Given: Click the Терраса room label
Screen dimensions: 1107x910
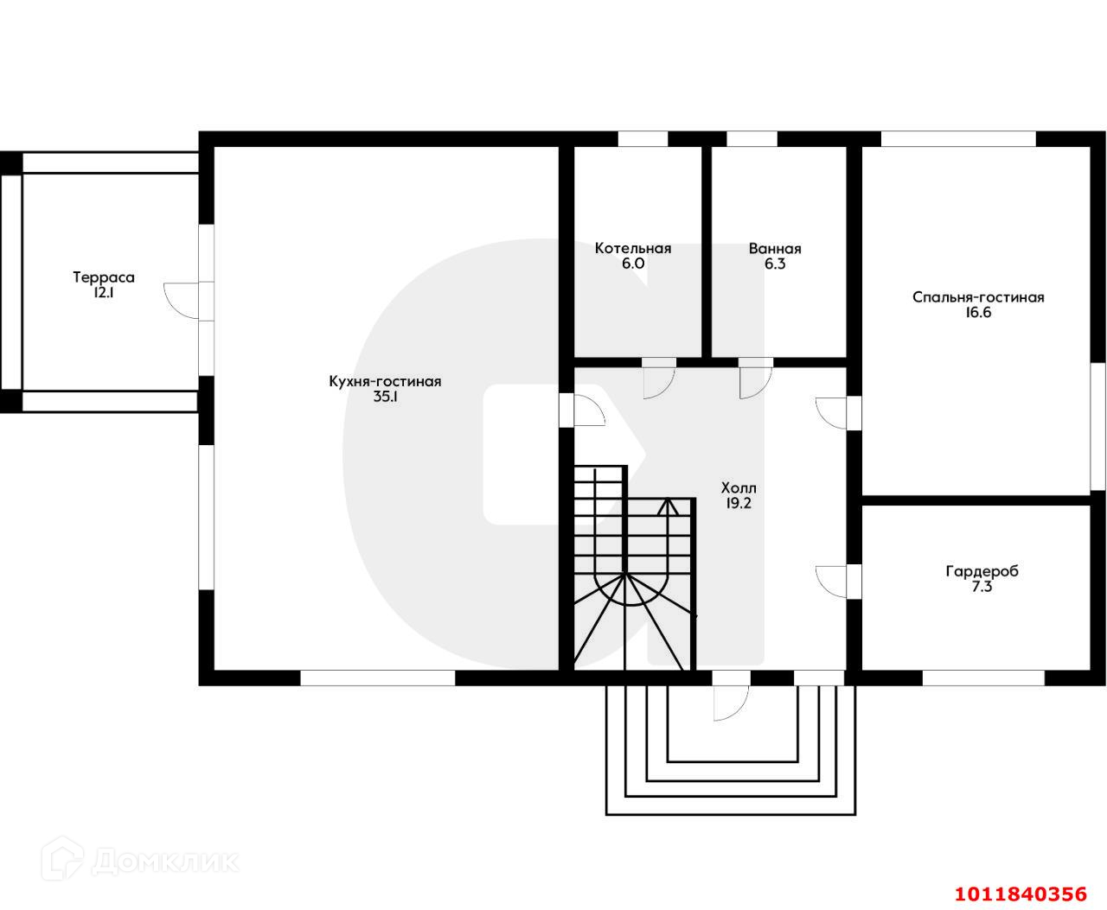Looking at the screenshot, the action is (104, 277).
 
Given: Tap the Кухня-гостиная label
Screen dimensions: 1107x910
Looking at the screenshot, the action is (385, 381).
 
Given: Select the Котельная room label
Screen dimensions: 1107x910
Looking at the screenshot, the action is (633, 249).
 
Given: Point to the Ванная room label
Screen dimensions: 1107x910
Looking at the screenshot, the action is (775, 249).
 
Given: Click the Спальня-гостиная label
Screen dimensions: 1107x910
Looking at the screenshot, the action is (978, 297).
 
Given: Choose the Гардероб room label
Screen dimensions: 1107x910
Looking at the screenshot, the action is (982, 571).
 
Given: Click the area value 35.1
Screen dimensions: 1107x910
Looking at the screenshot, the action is (385, 397).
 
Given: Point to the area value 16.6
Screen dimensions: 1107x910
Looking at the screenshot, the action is (978, 313).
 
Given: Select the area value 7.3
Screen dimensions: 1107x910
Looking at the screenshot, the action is (982, 587).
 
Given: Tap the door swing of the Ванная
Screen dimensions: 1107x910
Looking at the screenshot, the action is (755, 381).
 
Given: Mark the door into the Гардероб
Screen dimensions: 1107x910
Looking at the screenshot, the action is (833, 580).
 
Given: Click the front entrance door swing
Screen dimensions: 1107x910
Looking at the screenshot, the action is (730, 702).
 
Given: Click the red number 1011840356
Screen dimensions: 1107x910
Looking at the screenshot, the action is (1020, 893).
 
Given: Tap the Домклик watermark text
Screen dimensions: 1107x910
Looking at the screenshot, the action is (164, 861).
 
